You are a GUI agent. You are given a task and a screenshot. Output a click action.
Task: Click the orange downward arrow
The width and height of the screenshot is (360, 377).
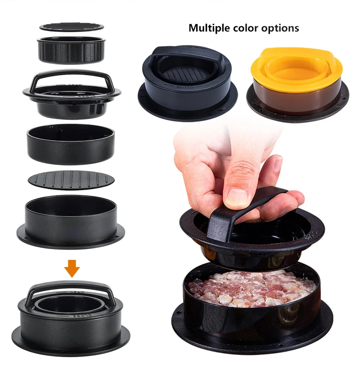[72, 269]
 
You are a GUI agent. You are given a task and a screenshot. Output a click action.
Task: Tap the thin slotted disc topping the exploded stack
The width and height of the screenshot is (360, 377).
[72, 27]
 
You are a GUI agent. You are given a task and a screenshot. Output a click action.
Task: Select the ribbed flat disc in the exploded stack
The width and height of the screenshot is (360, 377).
[72, 179]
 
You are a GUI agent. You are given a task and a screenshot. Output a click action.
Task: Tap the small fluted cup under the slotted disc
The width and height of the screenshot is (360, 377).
[72, 50]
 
